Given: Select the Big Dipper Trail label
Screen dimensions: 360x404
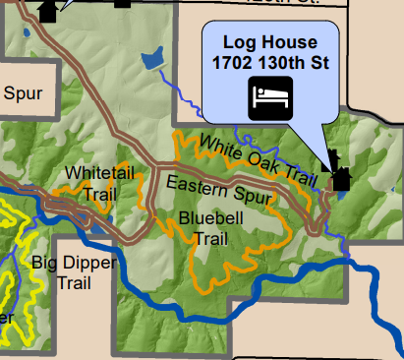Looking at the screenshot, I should (x=73, y=272).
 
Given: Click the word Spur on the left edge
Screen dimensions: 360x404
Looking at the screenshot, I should (x=22, y=94).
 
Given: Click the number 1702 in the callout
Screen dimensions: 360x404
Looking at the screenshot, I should (x=235, y=62).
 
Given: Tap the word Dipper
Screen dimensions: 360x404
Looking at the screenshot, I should (x=87, y=263).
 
